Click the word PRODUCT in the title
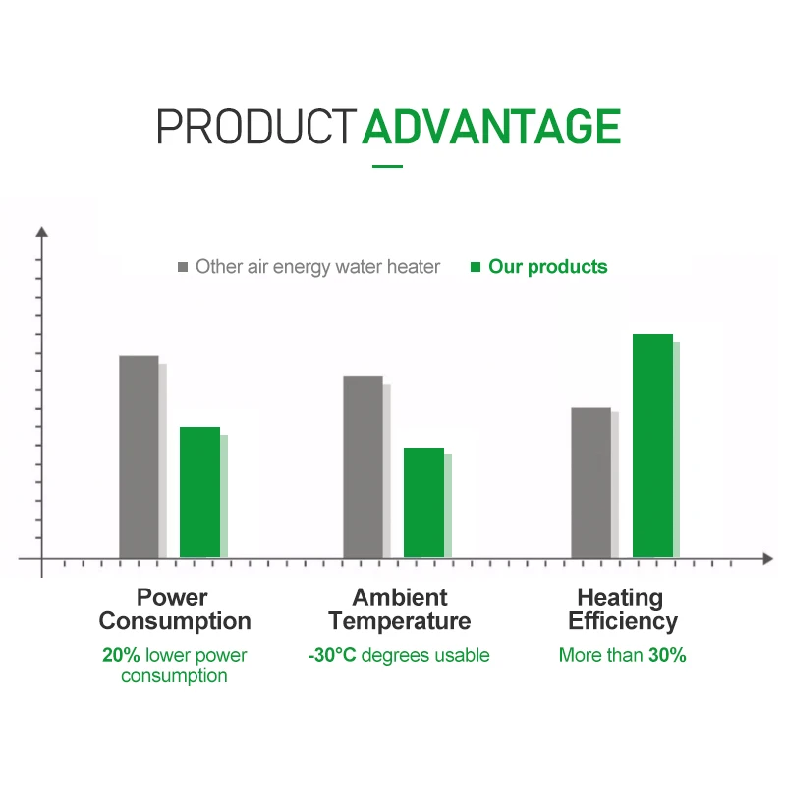[256, 127]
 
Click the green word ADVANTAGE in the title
[491, 127]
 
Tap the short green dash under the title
[387, 166]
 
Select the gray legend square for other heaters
[183, 267]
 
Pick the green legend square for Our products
[476, 267]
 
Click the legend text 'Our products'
[548, 267]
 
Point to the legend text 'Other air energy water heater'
[317, 267]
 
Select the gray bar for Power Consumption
[139, 456]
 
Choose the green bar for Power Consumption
[200, 492]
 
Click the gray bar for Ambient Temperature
[363, 467]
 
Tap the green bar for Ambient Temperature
[424, 503]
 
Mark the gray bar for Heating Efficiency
[591, 482]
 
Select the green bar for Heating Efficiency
[652, 446]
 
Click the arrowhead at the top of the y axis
[42, 232]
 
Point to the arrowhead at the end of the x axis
[768, 558]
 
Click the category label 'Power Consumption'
[175, 609]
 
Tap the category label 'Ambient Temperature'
[400, 609]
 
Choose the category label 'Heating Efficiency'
[623, 609]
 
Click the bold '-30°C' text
[332, 655]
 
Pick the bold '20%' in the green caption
[121, 655]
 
